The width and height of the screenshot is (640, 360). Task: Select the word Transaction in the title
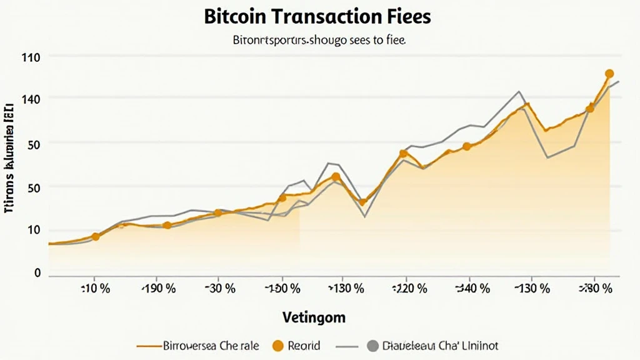(x=329, y=17)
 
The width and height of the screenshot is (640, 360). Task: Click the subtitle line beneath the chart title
(x=319, y=42)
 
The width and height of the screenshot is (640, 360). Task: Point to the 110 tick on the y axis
(x=31, y=57)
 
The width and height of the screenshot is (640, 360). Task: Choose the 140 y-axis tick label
(x=31, y=99)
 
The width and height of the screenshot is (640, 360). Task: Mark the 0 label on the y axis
(x=37, y=273)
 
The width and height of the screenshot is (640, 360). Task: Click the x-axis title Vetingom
(x=313, y=317)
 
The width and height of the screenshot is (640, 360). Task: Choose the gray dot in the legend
(x=373, y=346)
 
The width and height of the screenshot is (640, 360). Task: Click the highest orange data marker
(x=609, y=74)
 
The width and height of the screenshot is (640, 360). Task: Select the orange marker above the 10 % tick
(x=95, y=237)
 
